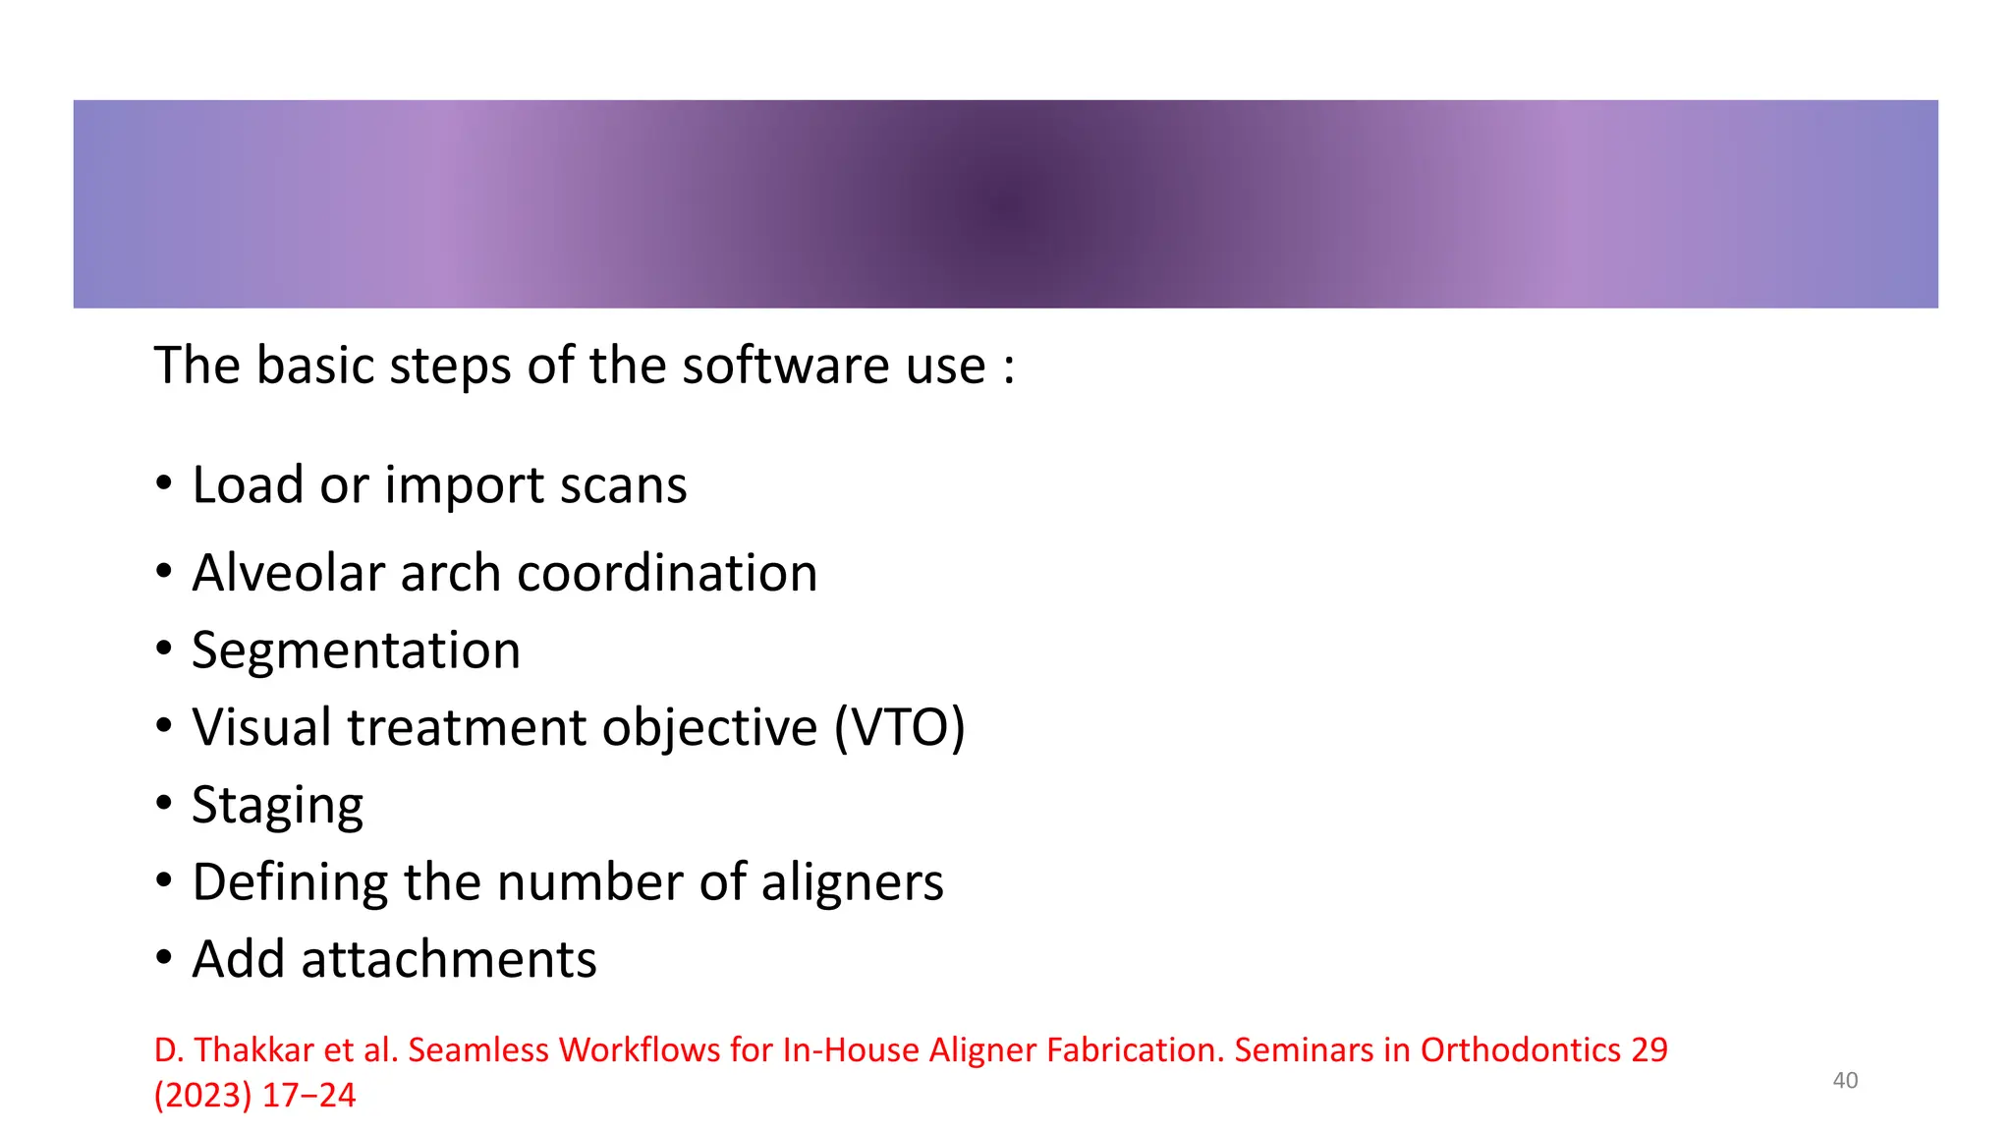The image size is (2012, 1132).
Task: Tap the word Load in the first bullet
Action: tap(247, 485)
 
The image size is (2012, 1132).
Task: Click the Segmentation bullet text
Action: tap(356, 651)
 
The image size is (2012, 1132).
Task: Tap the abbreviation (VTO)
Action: tap(899, 728)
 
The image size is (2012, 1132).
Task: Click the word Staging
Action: tap(277, 807)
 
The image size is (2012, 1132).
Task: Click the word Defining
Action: tap(290, 882)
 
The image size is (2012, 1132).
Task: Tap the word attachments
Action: tap(448, 960)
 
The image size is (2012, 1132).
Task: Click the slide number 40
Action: tap(1845, 1081)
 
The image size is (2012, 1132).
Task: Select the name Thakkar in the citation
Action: tap(254, 1050)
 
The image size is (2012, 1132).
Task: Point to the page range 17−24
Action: tap(308, 1096)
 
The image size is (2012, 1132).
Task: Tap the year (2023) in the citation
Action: tap(202, 1096)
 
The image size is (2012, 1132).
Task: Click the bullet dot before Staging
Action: tap(164, 804)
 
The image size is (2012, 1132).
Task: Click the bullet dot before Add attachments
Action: tap(164, 958)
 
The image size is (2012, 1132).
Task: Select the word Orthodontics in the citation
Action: tap(1520, 1050)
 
